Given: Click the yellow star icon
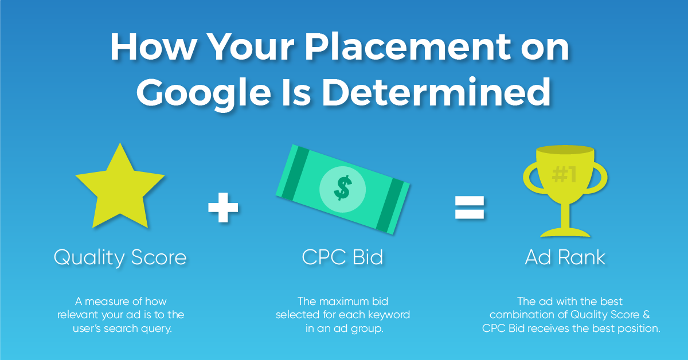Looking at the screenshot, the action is click(x=120, y=190).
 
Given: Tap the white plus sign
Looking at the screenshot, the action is click(x=223, y=208).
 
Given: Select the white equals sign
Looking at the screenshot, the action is click(x=470, y=208).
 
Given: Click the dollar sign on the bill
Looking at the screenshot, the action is click(x=342, y=187).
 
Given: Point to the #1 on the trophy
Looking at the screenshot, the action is click(x=564, y=174).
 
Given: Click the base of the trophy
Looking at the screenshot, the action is click(x=565, y=233).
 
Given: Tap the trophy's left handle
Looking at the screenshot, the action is click(x=532, y=178).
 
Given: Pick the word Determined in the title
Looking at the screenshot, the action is click(x=436, y=91).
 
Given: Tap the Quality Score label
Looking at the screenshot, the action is click(x=120, y=257).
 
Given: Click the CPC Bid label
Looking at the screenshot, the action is click(x=342, y=257).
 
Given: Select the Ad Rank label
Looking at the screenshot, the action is click(x=565, y=257).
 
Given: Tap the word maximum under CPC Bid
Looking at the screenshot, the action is click(x=345, y=302).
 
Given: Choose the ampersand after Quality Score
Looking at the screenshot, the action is click(x=646, y=315).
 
